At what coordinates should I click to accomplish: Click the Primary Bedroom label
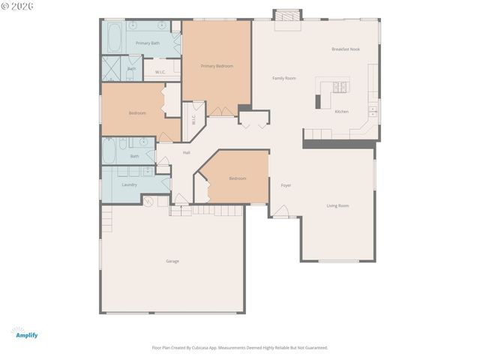tap(217, 66)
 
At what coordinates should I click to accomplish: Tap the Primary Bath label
tap(147, 43)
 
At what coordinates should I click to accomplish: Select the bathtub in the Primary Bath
tap(115, 37)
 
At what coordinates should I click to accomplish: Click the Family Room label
tap(283, 78)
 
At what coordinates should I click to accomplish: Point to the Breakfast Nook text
tap(346, 49)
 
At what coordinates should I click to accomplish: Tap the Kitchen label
tap(341, 112)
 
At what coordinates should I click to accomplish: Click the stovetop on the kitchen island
tap(340, 86)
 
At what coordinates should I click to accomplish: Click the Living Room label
tap(337, 205)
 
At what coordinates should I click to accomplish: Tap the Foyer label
tap(286, 185)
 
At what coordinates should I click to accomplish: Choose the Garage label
tap(172, 261)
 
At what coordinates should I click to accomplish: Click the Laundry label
tap(129, 184)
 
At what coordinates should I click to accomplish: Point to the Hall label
tap(186, 153)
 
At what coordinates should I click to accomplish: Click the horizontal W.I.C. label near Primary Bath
tap(160, 72)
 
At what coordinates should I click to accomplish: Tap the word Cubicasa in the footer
tap(202, 348)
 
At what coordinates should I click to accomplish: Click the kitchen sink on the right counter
tap(372, 112)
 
